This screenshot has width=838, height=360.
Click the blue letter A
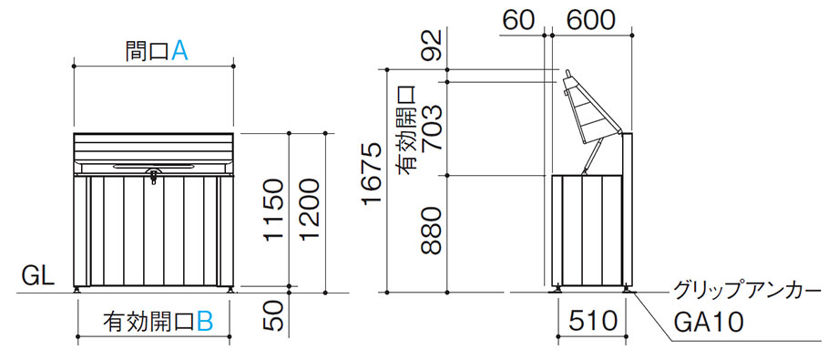[179, 51]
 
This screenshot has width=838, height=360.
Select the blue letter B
[205, 322]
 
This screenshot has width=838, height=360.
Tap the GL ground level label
[37, 277]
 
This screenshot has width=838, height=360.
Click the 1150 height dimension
[273, 211]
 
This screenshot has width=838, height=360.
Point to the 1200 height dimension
[310, 211]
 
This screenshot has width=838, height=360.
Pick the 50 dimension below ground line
[273, 317]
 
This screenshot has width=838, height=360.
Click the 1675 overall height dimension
[372, 175]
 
